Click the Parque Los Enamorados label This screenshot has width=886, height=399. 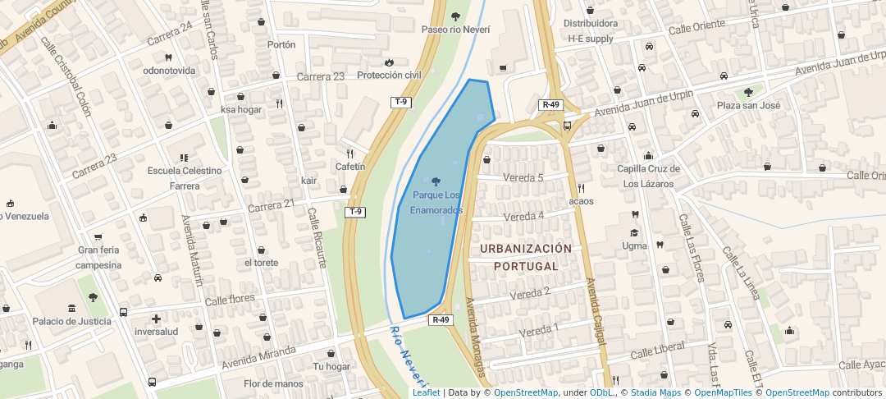point(436,203)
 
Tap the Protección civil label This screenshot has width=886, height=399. point(389,76)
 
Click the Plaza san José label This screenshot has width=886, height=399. point(748,106)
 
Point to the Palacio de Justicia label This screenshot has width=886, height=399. point(71,321)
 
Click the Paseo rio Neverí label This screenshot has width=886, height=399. point(455,30)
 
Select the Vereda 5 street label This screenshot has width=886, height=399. point(523,178)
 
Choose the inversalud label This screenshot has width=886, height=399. point(156,332)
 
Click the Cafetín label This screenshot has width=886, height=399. point(350,167)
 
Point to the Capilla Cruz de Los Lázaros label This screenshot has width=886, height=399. point(649,177)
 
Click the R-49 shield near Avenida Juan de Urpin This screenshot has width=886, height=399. point(550,105)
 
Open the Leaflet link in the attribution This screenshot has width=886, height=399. point(426,393)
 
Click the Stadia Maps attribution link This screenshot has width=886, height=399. point(655,393)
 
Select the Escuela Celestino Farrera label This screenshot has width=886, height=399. point(185,178)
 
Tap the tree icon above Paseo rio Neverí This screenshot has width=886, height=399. point(455,16)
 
